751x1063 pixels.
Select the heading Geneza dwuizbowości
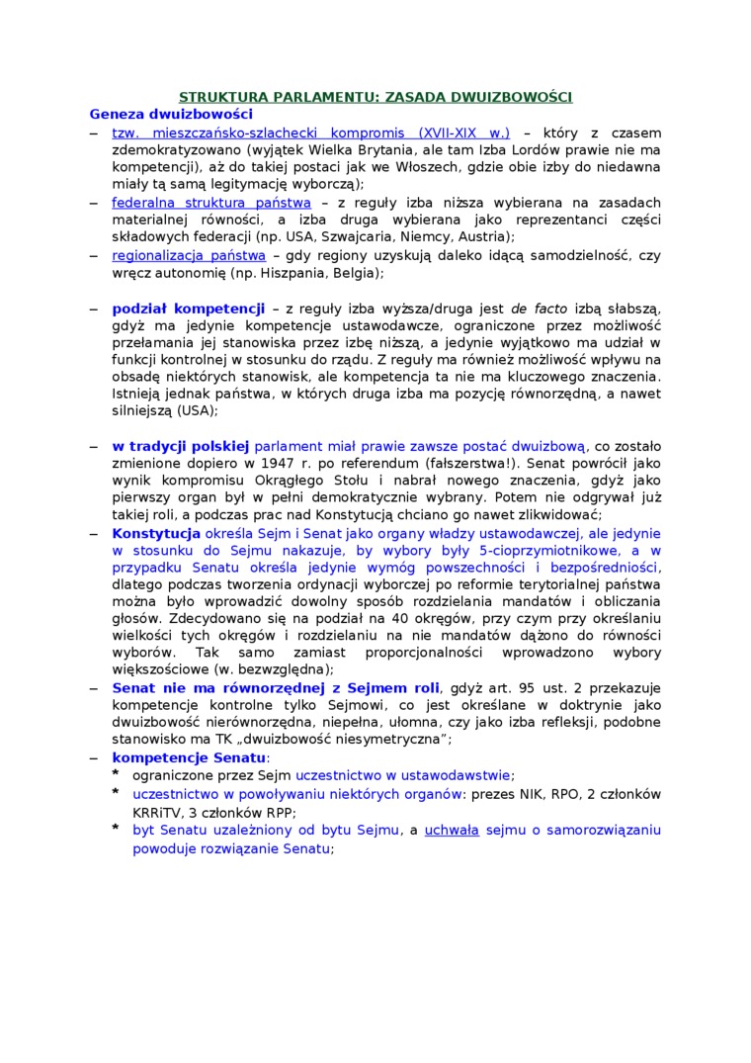[x=157, y=114]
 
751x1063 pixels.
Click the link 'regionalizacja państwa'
[x=189, y=255]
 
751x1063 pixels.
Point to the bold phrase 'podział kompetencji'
[x=188, y=309]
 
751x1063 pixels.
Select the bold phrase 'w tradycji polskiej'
[x=181, y=446]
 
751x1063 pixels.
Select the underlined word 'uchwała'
[x=452, y=830]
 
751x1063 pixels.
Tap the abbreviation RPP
[x=283, y=812]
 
